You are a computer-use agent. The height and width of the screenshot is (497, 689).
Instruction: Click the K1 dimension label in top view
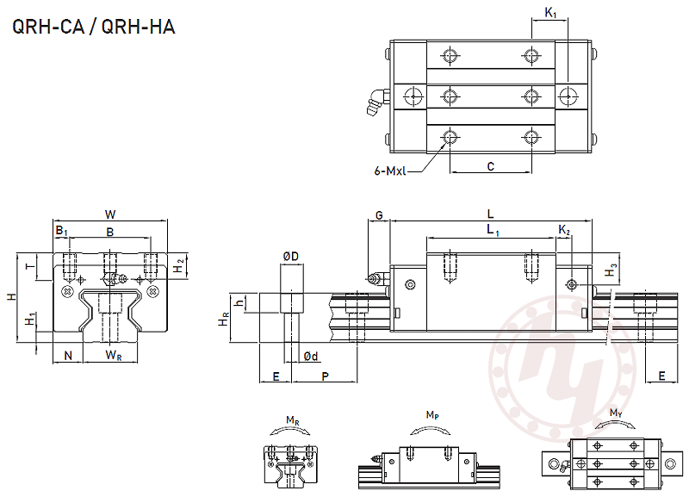(x=550, y=13)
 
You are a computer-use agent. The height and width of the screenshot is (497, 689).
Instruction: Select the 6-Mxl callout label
(x=390, y=171)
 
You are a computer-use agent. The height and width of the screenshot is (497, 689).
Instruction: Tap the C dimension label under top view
(x=490, y=167)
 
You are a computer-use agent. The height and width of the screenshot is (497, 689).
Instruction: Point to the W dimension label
(x=110, y=214)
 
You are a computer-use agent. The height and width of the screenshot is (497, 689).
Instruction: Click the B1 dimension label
(x=61, y=231)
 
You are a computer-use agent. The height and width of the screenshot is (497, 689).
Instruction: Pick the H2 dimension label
(x=177, y=265)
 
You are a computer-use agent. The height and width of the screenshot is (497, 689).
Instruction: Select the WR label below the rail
(x=112, y=355)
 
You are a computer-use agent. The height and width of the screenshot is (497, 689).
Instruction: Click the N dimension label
(x=68, y=355)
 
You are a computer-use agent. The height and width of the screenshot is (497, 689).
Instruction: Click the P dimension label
(x=325, y=377)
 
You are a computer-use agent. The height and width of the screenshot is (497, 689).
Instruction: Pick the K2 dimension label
(x=564, y=230)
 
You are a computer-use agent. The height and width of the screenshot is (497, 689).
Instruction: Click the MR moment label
(x=292, y=420)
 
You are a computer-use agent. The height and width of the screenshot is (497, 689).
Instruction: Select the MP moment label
(x=431, y=415)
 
